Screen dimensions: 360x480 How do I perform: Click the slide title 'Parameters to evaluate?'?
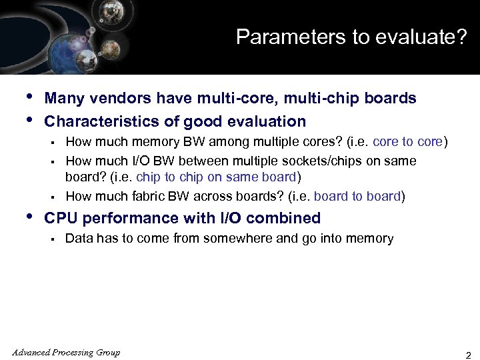tap(351, 37)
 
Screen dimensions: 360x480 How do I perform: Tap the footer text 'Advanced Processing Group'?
tap(66, 353)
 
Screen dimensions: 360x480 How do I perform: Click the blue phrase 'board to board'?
tap(357, 197)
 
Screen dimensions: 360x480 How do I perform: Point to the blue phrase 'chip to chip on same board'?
tap(216, 177)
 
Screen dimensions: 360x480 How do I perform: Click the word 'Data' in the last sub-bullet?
tap(79, 239)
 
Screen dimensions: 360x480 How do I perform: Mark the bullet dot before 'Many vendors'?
tap(28, 97)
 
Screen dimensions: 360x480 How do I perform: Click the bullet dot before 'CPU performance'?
tap(28, 217)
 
